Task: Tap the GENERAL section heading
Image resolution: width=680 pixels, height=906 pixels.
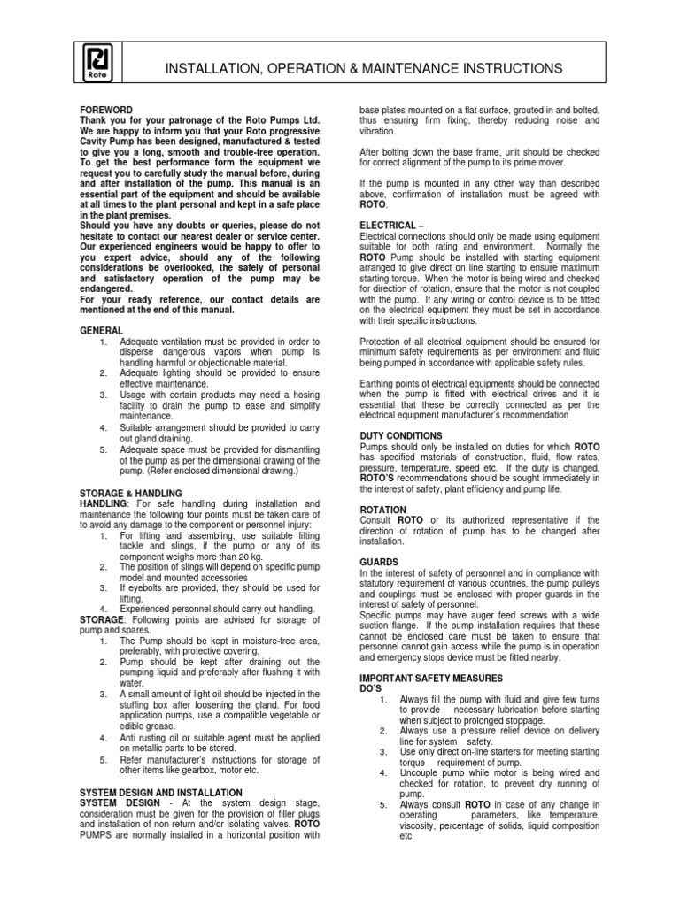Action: [x=101, y=330]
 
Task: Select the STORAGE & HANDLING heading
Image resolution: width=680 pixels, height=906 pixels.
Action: [x=130, y=493]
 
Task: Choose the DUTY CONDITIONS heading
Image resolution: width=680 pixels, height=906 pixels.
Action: [x=401, y=436]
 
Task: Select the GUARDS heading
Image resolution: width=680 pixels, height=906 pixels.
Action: [x=379, y=562]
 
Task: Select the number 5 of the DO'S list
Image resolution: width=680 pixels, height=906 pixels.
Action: [x=383, y=805]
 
